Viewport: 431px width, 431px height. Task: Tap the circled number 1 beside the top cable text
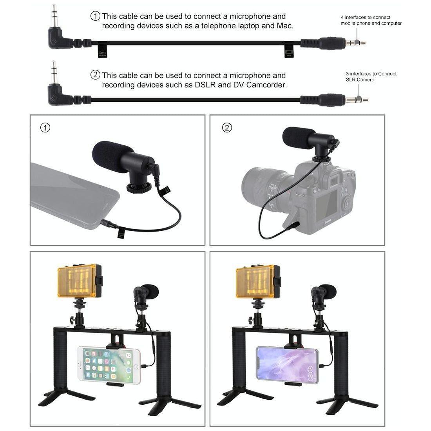95,16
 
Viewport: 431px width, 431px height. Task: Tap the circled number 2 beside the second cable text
95,75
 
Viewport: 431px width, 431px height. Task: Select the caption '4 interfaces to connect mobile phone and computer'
371,20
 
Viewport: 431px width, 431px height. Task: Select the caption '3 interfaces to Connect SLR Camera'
371,76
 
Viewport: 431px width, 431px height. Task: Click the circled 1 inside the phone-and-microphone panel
46,128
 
